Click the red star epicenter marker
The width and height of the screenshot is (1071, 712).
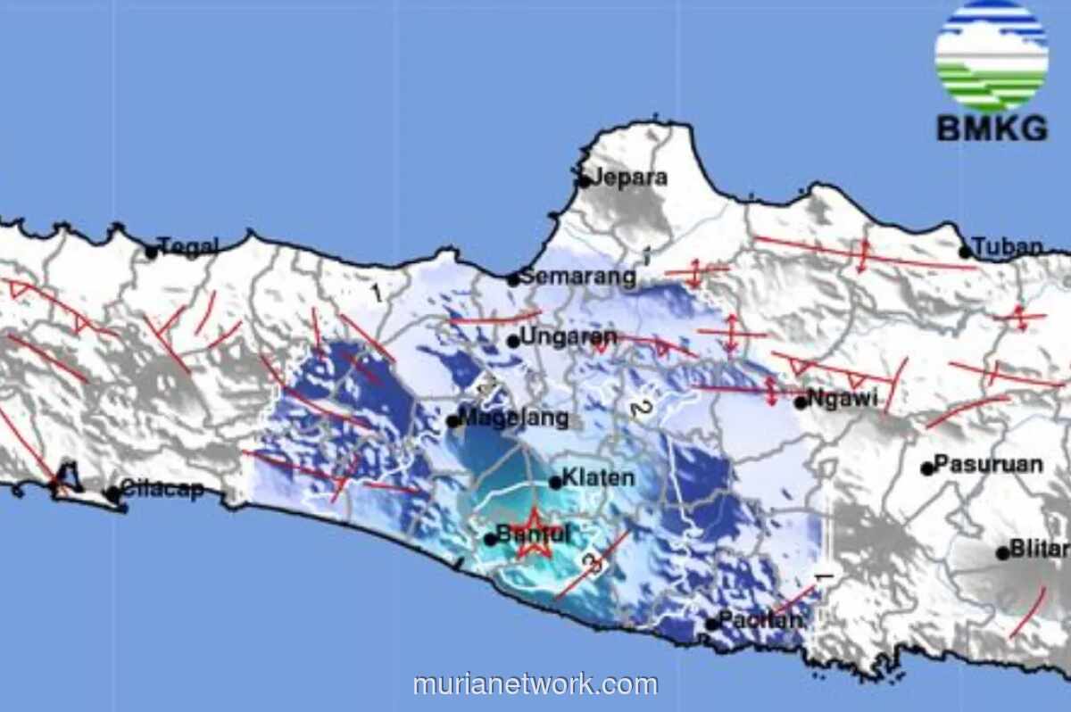click(535, 535)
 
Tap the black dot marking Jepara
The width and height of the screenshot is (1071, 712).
click(585, 181)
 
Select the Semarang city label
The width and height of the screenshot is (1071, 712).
click(578, 277)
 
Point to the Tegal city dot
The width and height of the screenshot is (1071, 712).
click(152, 253)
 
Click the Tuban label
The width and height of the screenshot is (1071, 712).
click(1008, 247)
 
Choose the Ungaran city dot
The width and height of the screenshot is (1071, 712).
click(513, 341)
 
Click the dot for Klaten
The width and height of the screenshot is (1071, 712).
click(555, 483)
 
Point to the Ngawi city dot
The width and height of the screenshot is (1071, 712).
click(801, 402)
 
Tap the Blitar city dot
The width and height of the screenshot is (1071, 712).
click(1002, 553)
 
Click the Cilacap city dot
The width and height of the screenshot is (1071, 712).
click(112, 493)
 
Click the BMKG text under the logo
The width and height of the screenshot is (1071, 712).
click(992, 130)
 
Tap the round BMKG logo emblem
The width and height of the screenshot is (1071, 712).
click(991, 56)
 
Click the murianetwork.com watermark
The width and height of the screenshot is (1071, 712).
click(535, 684)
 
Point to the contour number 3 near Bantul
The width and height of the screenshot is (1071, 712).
click(590, 562)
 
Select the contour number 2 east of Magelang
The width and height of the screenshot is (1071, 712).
click(638, 410)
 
